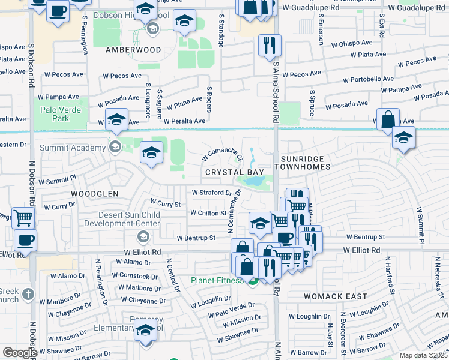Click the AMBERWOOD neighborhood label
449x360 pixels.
point(133,50)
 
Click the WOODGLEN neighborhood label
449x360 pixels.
point(95,194)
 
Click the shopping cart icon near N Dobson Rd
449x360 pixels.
point(23,218)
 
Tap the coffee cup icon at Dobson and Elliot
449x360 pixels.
point(25,241)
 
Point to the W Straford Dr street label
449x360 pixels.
point(211,193)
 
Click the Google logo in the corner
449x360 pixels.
point(20,353)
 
